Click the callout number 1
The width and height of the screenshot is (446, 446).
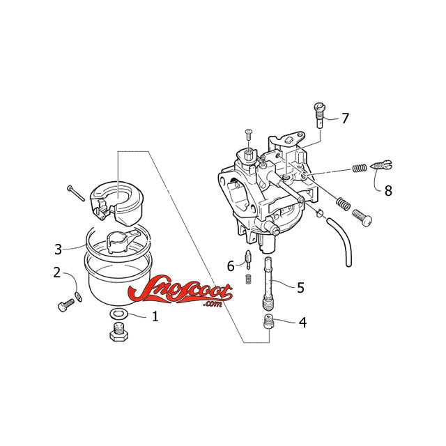(x=155, y=316)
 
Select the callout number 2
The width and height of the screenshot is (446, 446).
(x=57, y=272)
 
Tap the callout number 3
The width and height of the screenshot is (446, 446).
(x=59, y=248)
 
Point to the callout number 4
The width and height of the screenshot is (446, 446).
(x=302, y=323)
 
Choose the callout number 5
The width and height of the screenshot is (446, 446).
(x=300, y=287)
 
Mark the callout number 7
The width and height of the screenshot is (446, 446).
(x=345, y=118)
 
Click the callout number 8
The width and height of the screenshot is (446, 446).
(x=388, y=190)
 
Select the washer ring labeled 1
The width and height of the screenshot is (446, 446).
(x=118, y=313)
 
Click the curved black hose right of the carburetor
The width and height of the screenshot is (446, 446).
(x=344, y=244)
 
